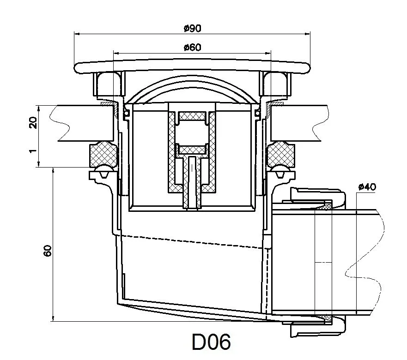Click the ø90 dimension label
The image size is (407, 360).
click(192, 28)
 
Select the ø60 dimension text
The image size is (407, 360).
click(192, 47)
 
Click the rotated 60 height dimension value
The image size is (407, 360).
click(48, 250)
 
